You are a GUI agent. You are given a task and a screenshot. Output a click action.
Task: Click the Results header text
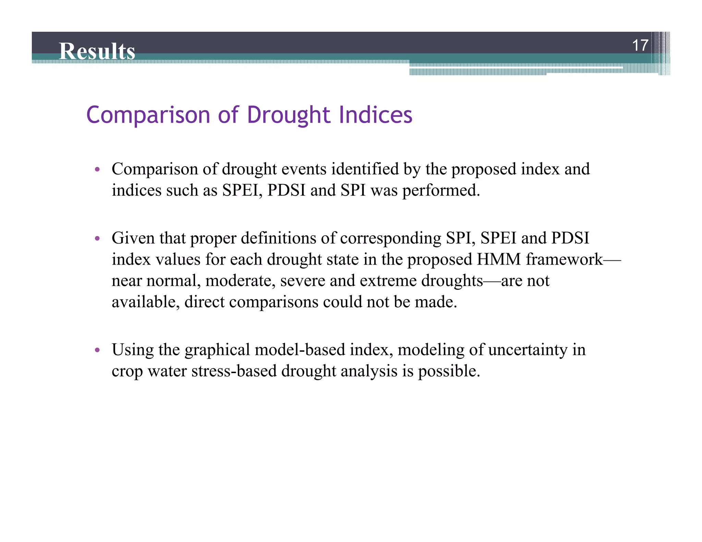[97, 51]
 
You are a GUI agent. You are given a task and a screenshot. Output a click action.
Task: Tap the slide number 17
[640, 46]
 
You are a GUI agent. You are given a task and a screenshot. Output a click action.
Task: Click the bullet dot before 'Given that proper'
[97, 238]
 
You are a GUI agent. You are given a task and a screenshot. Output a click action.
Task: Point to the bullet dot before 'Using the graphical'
[97, 350]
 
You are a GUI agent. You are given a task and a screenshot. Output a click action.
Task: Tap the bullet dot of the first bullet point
[97, 169]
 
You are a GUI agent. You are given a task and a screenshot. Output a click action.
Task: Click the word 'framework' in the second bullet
[564, 259]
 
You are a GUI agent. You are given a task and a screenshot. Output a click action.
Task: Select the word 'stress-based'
[234, 371]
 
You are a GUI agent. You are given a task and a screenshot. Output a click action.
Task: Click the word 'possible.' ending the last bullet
[449, 371]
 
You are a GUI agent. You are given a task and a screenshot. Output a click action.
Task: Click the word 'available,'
[146, 302]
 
